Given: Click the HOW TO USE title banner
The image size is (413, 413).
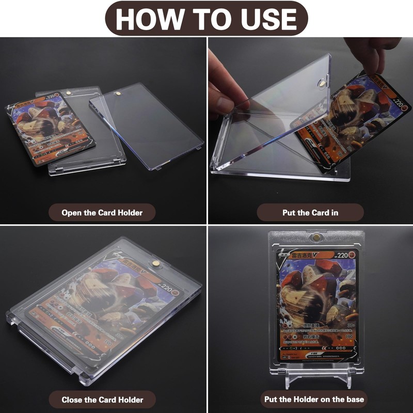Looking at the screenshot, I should (x=206, y=19).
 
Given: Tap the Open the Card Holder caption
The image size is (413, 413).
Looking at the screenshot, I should (x=102, y=212).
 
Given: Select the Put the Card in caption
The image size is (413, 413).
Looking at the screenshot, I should (x=310, y=212).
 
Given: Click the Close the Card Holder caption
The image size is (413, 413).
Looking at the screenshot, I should (x=102, y=399).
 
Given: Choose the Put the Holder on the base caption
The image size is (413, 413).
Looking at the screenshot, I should (x=313, y=399).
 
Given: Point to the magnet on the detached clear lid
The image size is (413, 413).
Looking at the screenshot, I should (x=118, y=94).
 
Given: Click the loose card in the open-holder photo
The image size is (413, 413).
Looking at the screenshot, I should (x=50, y=129).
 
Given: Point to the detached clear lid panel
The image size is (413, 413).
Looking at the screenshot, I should (x=147, y=124).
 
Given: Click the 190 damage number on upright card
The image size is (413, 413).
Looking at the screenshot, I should (x=348, y=336).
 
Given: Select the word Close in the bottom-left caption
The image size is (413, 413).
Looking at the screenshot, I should (x=73, y=399).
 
